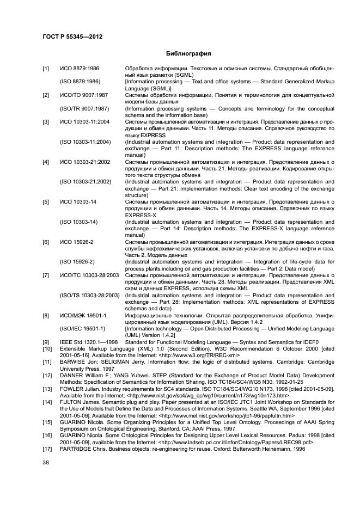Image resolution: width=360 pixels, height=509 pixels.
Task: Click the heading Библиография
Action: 180,54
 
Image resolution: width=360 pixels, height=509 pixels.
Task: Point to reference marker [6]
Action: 46,241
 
